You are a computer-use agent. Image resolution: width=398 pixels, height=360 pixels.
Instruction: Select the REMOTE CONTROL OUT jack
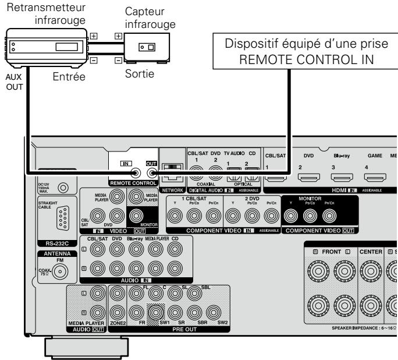coord(152,172)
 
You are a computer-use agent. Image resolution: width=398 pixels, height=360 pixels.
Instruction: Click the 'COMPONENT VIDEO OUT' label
coord(322,230)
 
